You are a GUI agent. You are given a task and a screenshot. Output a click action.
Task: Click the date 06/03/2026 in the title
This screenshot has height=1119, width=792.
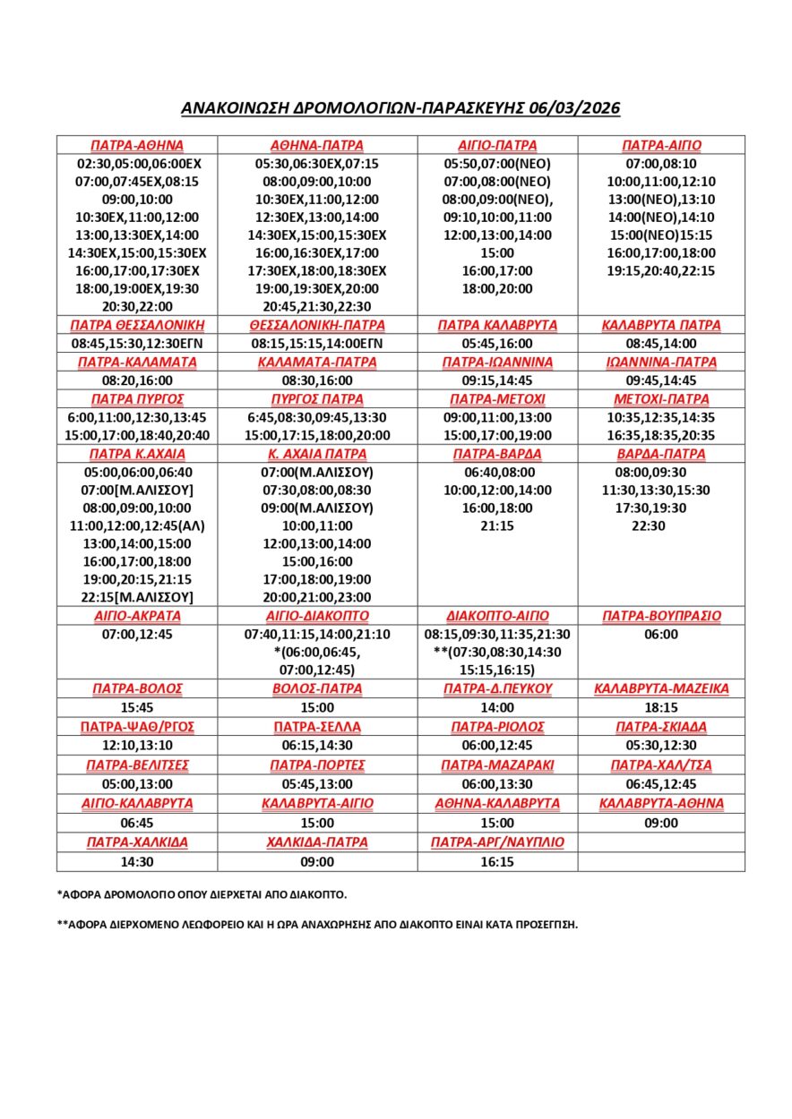pos(572,108)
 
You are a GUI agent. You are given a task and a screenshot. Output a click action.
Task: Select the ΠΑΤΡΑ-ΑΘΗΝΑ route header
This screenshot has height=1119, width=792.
pos(137,145)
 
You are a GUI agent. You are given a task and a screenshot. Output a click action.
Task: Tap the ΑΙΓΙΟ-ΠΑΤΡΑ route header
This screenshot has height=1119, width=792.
pos(497,145)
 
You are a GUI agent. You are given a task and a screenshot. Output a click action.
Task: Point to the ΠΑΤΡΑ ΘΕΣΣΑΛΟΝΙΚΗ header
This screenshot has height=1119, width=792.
pos(137,325)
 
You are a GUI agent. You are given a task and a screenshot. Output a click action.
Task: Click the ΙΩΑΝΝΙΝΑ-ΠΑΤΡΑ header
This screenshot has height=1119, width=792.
pos(661,363)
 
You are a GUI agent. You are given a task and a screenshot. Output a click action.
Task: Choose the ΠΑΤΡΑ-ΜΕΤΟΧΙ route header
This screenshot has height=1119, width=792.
pos(497,399)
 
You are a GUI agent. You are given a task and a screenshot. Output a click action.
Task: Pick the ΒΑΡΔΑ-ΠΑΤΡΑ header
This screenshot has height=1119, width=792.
pos(661,454)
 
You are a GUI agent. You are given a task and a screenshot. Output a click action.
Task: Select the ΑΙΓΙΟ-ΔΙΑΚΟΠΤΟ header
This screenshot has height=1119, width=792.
pos(318,616)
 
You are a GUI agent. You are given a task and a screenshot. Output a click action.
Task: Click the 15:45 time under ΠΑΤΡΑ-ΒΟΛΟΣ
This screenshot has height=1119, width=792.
pos(137,707)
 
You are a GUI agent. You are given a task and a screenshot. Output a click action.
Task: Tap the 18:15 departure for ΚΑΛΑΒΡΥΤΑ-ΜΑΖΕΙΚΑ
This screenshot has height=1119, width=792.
pos(661,707)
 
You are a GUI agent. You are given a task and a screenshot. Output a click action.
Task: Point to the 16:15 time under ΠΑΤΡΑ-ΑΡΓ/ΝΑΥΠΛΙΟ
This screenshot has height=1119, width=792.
pos(497,861)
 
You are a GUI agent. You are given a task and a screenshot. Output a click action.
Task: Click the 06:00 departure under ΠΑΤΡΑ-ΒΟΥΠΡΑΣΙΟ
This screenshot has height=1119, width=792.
pos(661,635)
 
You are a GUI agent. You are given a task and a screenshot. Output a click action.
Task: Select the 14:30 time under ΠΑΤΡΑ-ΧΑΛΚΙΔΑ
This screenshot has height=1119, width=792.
pos(137,861)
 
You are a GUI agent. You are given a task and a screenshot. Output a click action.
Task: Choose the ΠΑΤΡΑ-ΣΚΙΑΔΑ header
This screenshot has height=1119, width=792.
pos(661,726)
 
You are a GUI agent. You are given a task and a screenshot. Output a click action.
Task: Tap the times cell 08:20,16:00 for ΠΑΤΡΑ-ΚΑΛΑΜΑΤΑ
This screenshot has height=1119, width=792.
pos(137,380)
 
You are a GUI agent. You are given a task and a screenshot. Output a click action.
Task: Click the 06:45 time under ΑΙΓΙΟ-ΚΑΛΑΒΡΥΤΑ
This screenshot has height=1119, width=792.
pos(137,823)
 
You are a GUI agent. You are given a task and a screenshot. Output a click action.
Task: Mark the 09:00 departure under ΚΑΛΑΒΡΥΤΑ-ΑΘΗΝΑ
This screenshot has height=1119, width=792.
pos(661,823)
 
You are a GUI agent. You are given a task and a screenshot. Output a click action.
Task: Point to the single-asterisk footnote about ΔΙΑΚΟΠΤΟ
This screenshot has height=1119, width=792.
pos(202,894)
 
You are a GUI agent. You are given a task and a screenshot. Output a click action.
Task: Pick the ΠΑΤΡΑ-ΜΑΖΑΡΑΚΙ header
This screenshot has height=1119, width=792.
pos(497,765)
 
